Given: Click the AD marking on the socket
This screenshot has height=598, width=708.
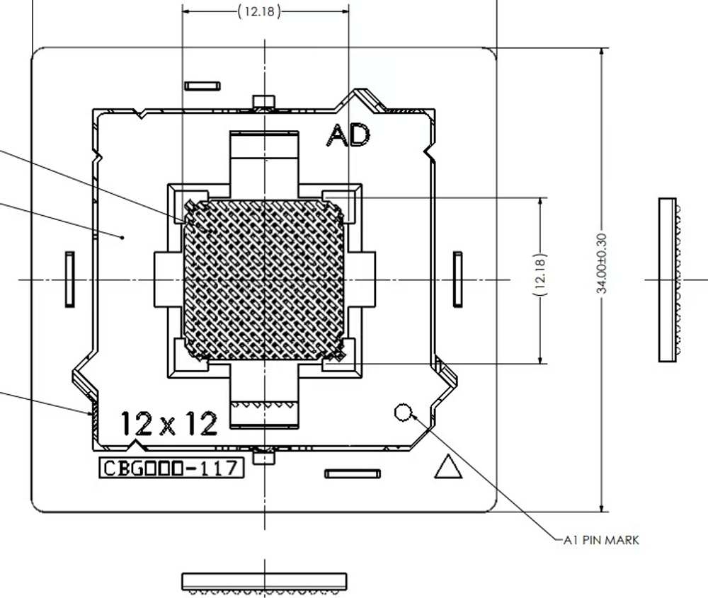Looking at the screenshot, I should pos(348,134).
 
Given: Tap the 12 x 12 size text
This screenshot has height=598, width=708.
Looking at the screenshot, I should pos(169,423).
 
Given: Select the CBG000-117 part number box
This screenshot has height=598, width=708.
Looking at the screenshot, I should pos(171,468).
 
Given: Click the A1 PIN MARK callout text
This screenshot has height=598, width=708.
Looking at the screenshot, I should pos(601,540).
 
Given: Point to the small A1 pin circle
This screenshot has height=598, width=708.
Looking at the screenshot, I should pos(403,411).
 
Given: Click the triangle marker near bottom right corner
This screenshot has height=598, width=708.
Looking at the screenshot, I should pos(447,466).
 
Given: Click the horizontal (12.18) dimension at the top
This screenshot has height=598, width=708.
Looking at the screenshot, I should pos(259,12).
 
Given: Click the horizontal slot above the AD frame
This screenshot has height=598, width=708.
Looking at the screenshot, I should pos(202,86).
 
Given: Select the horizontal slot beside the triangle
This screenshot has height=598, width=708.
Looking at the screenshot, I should pos(353,473).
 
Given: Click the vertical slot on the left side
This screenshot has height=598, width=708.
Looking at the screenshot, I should pos(69,279).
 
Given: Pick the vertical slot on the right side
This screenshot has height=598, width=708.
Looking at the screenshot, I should pos(458,279).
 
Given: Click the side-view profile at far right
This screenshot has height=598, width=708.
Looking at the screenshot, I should pos(668,280).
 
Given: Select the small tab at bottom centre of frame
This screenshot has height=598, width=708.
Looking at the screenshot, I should pos(264,456).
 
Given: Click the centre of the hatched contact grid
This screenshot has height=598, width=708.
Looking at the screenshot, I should pos(264,279).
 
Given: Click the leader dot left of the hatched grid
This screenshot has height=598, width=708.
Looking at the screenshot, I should pos(123,238).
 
